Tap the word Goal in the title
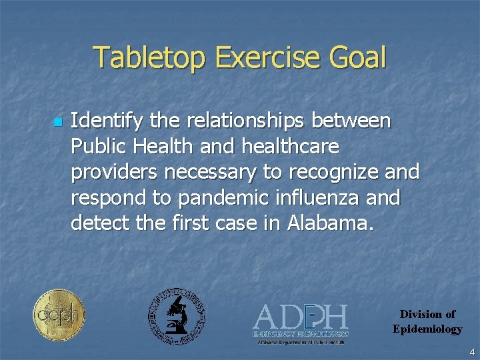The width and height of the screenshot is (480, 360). click(x=357, y=58)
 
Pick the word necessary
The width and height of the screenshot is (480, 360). click(x=214, y=173)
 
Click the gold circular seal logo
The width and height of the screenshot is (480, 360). click(x=59, y=315)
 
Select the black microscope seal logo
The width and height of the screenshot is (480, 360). click(x=176, y=316)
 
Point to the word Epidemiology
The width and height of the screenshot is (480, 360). click(x=427, y=329)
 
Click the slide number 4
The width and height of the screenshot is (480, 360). click(x=471, y=351)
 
